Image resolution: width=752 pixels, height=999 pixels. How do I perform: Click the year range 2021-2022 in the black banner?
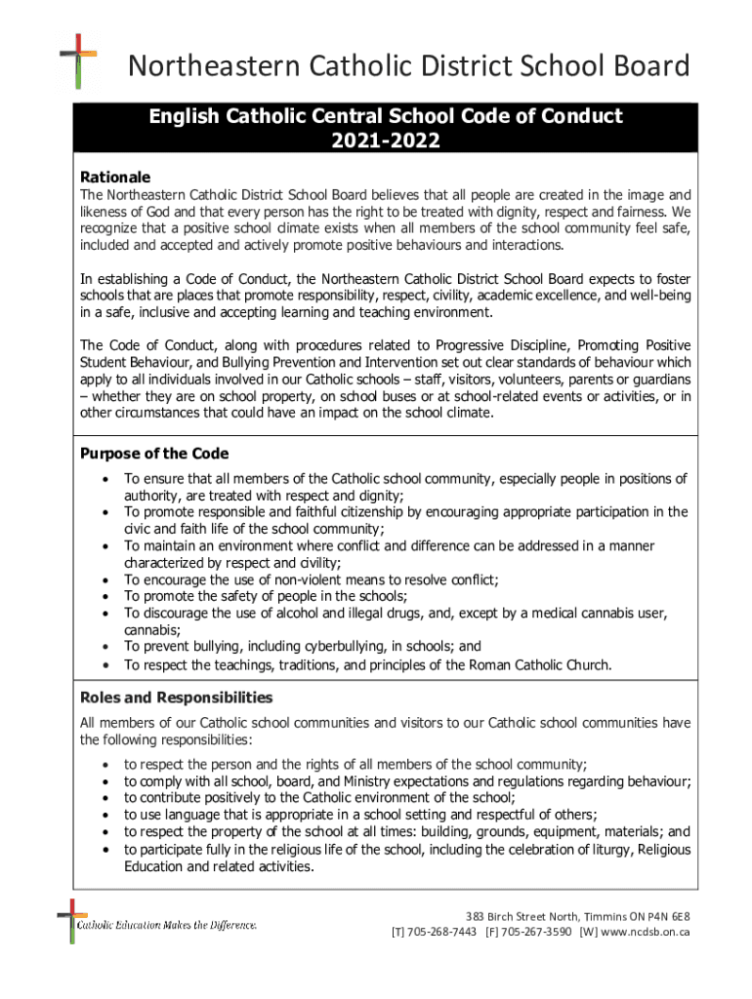pyautogui.click(x=385, y=141)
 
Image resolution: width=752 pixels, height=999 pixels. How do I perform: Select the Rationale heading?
pyautogui.click(x=115, y=178)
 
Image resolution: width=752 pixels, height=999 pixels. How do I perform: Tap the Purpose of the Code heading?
pyautogui.click(x=153, y=454)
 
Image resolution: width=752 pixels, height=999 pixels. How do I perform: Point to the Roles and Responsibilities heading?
pyautogui.click(x=176, y=698)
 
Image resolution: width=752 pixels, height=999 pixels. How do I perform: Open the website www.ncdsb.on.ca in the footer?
pyautogui.click(x=647, y=932)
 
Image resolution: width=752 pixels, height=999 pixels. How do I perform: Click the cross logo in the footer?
pyautogui.click(x=67, y=921)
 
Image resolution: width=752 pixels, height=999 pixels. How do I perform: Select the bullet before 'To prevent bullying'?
pyautogui.click(x=104, y=646)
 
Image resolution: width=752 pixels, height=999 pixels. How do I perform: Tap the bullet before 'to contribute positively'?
pyautogui.click(x=104, y=798)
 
